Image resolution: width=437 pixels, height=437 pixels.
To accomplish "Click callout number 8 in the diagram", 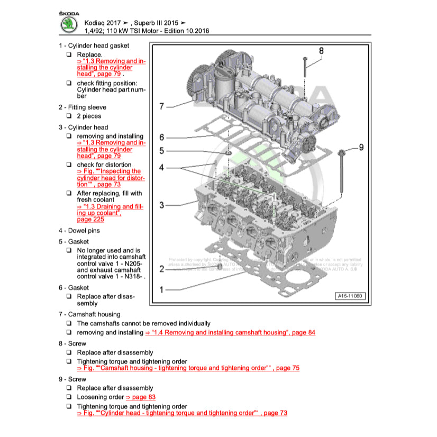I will pyautogui.click(x=321, y=51).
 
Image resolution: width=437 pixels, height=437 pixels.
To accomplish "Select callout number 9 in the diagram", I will pyautogui.click(x=361, y=147).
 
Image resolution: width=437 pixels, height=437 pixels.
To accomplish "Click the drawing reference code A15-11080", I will pyautogui.click(x=350, y=296).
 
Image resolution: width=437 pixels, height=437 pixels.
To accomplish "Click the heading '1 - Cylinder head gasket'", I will pyautogui.click(x=94, y=45).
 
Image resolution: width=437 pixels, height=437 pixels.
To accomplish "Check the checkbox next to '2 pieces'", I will pyautogui.click(x=69, y=116).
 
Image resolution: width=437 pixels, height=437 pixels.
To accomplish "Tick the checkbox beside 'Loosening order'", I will pyautogui.click(x=69, y=397).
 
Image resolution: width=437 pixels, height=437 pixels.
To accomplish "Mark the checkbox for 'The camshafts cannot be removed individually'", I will pyautogui.click(x=69, y=323).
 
